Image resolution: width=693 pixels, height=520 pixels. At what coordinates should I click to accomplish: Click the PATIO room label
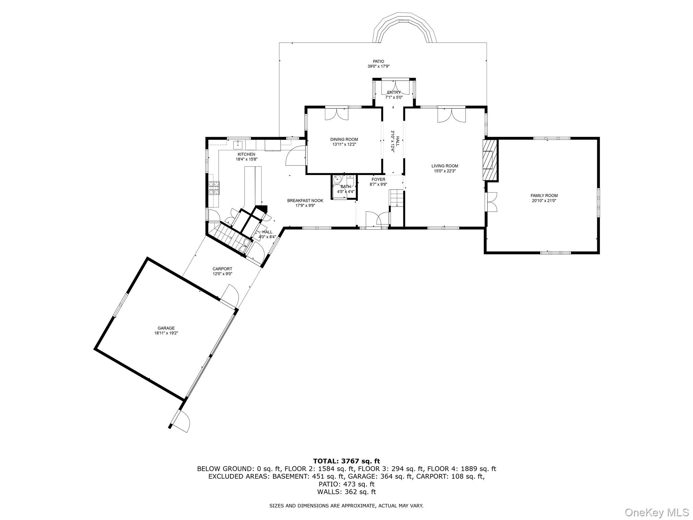(x=378, y=62)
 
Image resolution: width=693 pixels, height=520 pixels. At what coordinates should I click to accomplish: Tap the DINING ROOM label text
(x=344, y=139)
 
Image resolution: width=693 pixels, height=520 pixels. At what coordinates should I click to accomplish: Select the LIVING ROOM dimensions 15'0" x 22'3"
(x=445, y=171)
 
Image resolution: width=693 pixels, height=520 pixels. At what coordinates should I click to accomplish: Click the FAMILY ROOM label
(x=544, y=196)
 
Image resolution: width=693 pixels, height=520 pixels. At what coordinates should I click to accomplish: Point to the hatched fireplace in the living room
(x=489, y=159)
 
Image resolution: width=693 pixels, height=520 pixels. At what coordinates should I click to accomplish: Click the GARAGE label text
(x=166, y=328)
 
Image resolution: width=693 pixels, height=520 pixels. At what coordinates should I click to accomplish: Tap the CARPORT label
(x=222, y=269)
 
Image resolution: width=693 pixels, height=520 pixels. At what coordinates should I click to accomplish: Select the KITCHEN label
(x=246, y=154)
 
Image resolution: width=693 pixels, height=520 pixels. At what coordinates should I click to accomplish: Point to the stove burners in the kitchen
(x=214, y=188)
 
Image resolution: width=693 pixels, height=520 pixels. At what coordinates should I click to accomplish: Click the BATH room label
(x=345, y=187)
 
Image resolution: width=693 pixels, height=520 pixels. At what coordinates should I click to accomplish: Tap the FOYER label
(x=378, y=179)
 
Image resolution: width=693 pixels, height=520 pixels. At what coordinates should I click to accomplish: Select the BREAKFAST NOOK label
(x=305, y=201)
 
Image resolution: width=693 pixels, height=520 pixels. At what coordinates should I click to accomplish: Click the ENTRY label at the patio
(x=394, y=92)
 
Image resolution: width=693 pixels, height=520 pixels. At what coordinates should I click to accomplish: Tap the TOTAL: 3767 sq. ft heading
(x=346, y=461)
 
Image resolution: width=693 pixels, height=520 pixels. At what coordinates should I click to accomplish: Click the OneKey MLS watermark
(x=656, y=512)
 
